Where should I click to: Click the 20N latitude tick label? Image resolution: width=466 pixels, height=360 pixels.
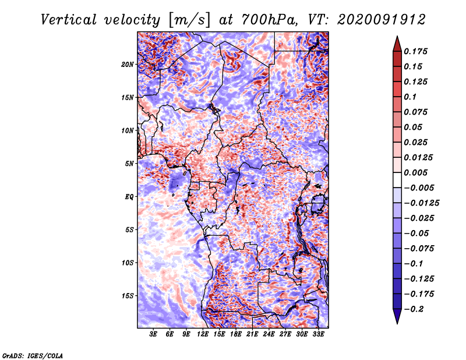point(128,65)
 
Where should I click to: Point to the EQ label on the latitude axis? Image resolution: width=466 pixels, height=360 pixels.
point(129,197)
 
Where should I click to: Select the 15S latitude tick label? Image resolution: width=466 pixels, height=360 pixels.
point(128,296)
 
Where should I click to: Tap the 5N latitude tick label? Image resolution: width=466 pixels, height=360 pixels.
point(129,164)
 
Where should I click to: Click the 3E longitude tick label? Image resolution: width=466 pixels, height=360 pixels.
point(153,334)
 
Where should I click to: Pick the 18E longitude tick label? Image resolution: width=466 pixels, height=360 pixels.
point(236,334)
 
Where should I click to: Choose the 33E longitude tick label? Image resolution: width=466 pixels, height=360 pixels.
point(318,334)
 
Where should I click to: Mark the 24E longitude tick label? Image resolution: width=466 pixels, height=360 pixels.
point(269,334)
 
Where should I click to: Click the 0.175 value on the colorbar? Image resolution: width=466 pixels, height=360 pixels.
point(416,51)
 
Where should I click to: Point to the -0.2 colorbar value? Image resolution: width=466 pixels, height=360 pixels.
point(414,309)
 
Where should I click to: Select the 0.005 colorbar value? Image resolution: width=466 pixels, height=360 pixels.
point(416,172)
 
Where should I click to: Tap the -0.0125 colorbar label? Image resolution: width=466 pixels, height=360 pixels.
point(421,203)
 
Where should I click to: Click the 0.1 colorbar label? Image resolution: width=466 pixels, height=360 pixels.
point(411,97)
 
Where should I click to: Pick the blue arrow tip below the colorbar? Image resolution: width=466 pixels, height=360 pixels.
point(397,323)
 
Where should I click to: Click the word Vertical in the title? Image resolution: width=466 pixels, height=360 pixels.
point(69,20)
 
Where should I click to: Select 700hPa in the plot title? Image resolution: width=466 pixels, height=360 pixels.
point(269,20)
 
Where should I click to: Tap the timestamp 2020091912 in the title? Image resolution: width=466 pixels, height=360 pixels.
point(382,20)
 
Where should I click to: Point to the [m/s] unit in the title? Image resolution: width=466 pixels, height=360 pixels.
point(189,20)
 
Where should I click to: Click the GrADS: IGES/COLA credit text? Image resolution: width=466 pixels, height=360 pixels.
point(33,355)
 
